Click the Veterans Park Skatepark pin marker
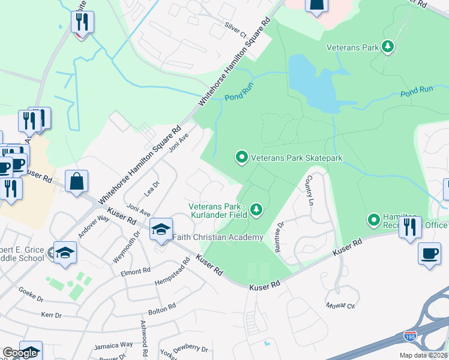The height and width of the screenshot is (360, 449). coord(242,157)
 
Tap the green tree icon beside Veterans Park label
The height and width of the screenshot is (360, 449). coord(388,47)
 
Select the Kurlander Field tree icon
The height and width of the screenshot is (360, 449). coord(256,209)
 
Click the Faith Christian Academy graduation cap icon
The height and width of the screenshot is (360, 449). coord(161,229)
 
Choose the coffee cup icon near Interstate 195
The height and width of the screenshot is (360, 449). coord(429,253)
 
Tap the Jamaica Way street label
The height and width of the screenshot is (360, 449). coord(113,346)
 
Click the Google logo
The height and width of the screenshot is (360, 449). coord(20,353)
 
